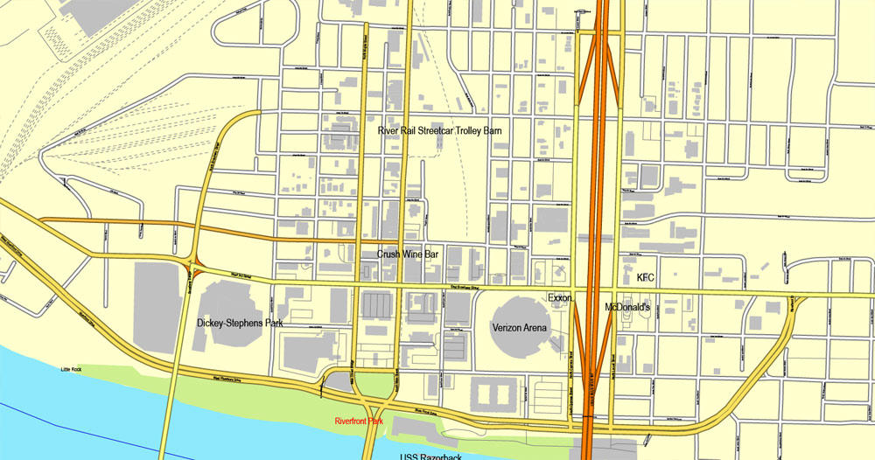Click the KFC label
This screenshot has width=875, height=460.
coord(646,277)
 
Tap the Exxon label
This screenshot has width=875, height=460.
coord(559,298)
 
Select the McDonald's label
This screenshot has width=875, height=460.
coord(626,308)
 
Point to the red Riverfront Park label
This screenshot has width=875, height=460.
coord(360,422)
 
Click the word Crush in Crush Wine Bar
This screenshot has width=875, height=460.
coord(389,254)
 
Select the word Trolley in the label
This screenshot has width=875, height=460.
coord(463,130)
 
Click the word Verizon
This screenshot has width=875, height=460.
coord(509,327)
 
